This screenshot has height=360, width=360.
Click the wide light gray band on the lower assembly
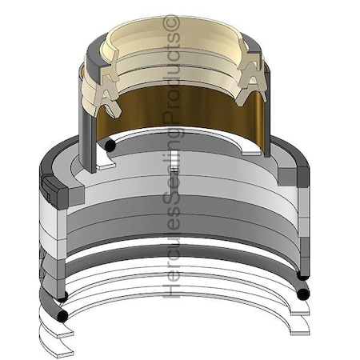(176, 200)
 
